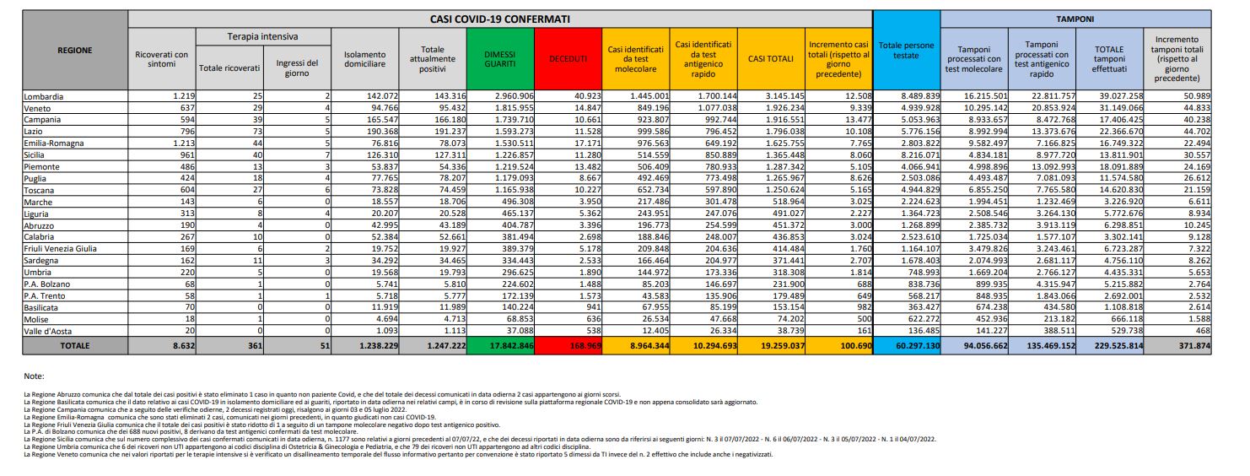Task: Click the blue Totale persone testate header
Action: [906, 50]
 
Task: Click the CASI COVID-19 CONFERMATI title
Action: [499, 18]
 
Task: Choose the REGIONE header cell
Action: [75, 50]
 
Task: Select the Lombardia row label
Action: [44, 96]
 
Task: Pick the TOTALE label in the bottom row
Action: [75, 346]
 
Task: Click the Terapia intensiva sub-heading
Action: [263, 37]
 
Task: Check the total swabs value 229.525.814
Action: [1107, 346]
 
